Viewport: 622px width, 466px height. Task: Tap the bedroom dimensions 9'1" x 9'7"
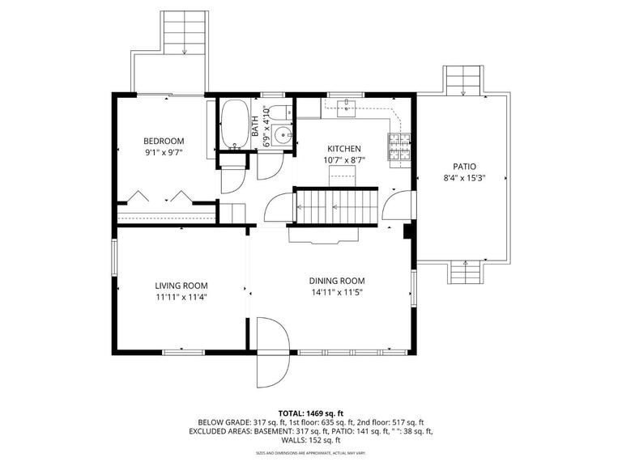click(x=164, y=152)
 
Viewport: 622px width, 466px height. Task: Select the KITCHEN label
click(x=343, y=149)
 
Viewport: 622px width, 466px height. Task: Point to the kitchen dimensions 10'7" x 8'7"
click(x=343, y=160)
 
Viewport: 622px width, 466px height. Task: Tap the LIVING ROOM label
click(x=181, y=286)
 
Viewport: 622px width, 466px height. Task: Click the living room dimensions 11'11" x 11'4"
click(x=181, y=297)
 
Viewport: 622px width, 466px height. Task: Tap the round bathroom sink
click(x=283, y=136)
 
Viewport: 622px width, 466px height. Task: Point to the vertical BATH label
click(x=255, y=126)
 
